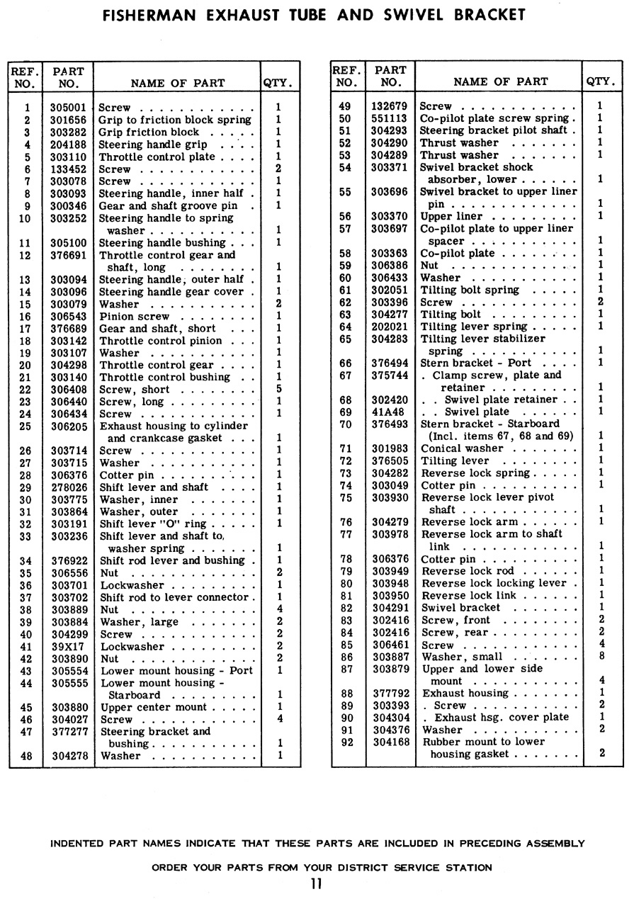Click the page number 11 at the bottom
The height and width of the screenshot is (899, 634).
click(316, 883)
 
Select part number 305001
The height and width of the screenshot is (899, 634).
click(68, 108)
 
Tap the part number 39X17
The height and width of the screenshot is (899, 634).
click(68, 647)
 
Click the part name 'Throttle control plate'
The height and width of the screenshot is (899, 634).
click(157, 157)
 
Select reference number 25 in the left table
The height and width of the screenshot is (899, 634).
click(27, 426)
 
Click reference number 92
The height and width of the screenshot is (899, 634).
click(346, 742)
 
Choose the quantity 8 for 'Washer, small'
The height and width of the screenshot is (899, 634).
click(601, 657)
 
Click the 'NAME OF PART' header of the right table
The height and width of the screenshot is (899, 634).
click(500, 82)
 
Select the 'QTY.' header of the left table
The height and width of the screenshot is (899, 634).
click(278, 83)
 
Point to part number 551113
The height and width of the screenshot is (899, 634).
click(390, 119)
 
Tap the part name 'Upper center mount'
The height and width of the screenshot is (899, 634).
click(153, 707)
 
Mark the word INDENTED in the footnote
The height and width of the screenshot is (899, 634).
click(79, 844)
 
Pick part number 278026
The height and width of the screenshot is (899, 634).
click(68, 487)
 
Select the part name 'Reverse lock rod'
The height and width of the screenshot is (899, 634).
click(468, 571)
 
